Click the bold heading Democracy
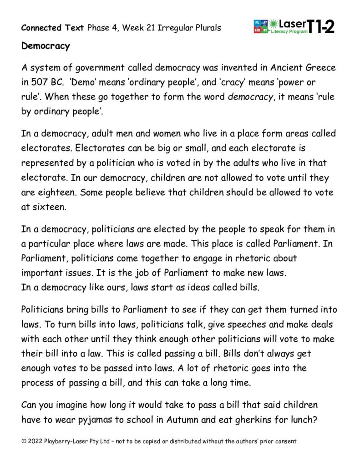click(46, 46)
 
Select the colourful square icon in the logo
click(260, 26)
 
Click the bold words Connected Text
click(52, 28)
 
